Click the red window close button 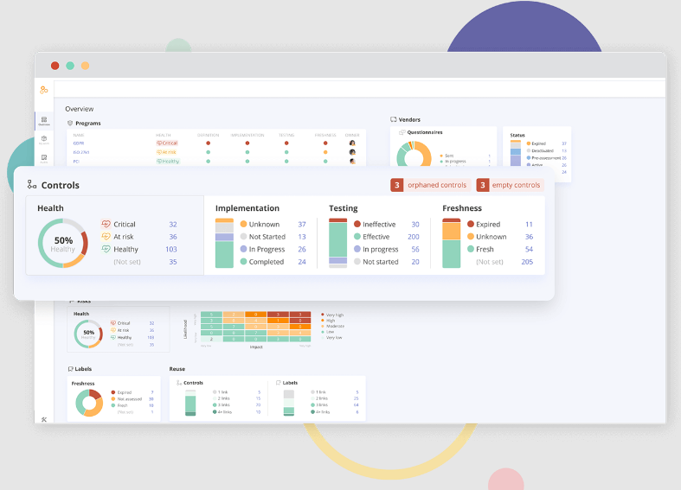point(55,66)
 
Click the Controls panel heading point(60,185)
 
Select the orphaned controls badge point(429,185)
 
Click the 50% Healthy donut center point(63,245)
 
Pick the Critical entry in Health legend point(124,225)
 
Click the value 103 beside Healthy point(170,249)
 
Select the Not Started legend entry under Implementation point(267,237)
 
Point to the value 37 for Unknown point(302,225)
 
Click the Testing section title point(343,208)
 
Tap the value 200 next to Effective point(414,237)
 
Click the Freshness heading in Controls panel point(463,208)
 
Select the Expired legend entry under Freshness point(487,225)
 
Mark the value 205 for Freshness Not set point(527,262)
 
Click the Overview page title point(80,109)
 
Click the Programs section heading point(87,124)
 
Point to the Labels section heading point(84,369)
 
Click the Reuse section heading point(177,369)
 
